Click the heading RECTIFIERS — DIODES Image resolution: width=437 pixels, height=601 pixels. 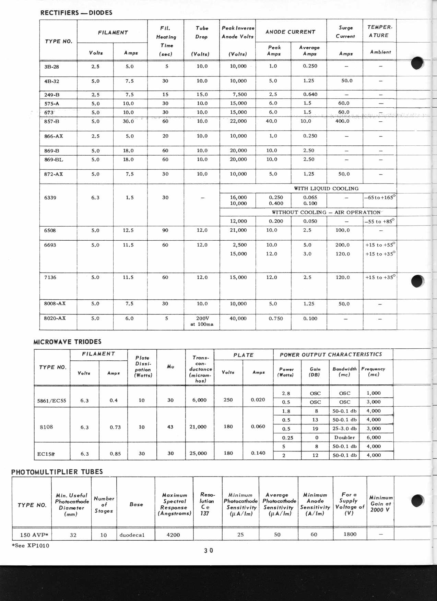click(76, 13)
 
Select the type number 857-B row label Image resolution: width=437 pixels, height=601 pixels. click(51, 121)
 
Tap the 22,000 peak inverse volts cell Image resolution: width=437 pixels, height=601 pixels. click(238, 121)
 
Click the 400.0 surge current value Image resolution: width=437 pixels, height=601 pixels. click(342, 121)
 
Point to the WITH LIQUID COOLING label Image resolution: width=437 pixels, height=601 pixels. click(326, 189)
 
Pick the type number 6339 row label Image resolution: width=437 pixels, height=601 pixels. click(50, 198)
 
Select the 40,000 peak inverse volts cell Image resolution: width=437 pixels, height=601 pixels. click(238, 318)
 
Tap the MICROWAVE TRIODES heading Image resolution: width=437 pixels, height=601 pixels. click(67, 342)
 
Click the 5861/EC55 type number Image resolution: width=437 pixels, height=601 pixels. click(51, 400)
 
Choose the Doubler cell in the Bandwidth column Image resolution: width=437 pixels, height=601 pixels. click(344, 437)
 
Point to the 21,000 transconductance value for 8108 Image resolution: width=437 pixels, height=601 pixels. click(198, 427)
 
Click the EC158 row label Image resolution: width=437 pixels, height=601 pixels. click(46, 454)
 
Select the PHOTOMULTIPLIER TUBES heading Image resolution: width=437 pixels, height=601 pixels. click(57, 472)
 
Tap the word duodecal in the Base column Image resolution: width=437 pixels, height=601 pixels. click(132, 535)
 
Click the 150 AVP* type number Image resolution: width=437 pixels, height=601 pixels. click(34, 535)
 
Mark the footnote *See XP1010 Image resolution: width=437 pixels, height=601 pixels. click(31, 545)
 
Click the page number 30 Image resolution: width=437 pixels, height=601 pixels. click(208, 550)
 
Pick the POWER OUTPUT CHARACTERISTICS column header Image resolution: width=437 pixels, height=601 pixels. click(331, 354)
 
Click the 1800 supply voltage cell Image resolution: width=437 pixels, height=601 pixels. click(350, 534)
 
